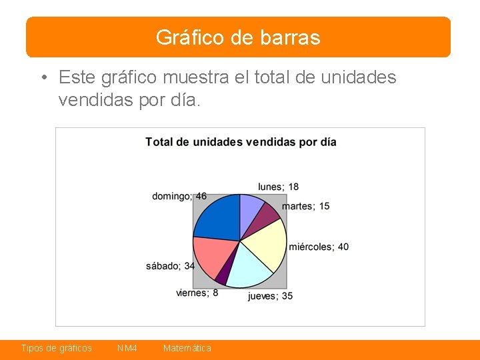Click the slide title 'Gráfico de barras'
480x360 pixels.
coord(238,37)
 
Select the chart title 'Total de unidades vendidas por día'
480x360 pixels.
coord(241,142)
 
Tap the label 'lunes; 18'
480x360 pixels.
coord(278,187)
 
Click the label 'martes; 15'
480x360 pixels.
coord(305,206)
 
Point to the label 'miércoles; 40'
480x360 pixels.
coord(319,247)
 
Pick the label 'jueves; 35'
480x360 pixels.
coord(270,296)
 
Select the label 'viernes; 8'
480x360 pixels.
coord(197,293)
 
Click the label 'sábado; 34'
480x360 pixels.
coord(170,266)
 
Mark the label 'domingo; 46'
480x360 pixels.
coord(179,196)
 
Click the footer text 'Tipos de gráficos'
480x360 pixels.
coord(57,349)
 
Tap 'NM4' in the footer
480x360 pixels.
coord(127,349)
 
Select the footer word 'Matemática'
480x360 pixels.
coord(187,349)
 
